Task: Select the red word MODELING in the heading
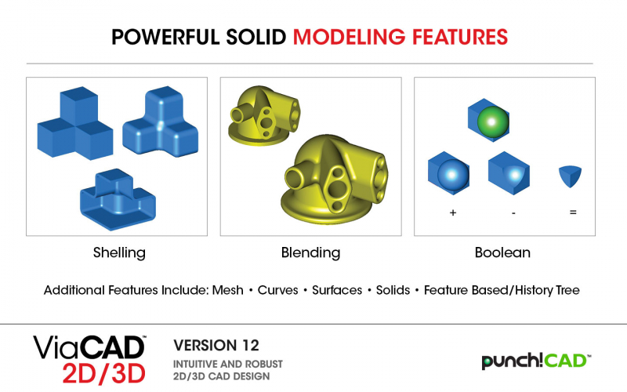tap(349, 37)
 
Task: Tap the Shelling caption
tap(119, 252)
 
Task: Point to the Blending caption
tap(310, 252)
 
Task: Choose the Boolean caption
tap(502, 252)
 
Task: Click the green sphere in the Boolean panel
tap(493, 122)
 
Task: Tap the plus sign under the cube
tap(453, 212)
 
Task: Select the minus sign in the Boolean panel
tap(513, 213)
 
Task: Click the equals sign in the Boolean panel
tap(573, 212)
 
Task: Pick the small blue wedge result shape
tap(570, 176)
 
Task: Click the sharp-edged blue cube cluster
tap(75, 123)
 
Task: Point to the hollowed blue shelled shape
tap(118, 199)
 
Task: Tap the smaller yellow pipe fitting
tap(264, 115)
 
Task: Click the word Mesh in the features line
tap(227, 290)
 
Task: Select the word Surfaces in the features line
tap(337, 290)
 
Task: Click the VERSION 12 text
tap(216, 345)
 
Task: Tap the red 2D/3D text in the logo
tap(103, 373)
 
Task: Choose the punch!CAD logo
tap(536, 361)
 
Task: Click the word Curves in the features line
tap(278, 290)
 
